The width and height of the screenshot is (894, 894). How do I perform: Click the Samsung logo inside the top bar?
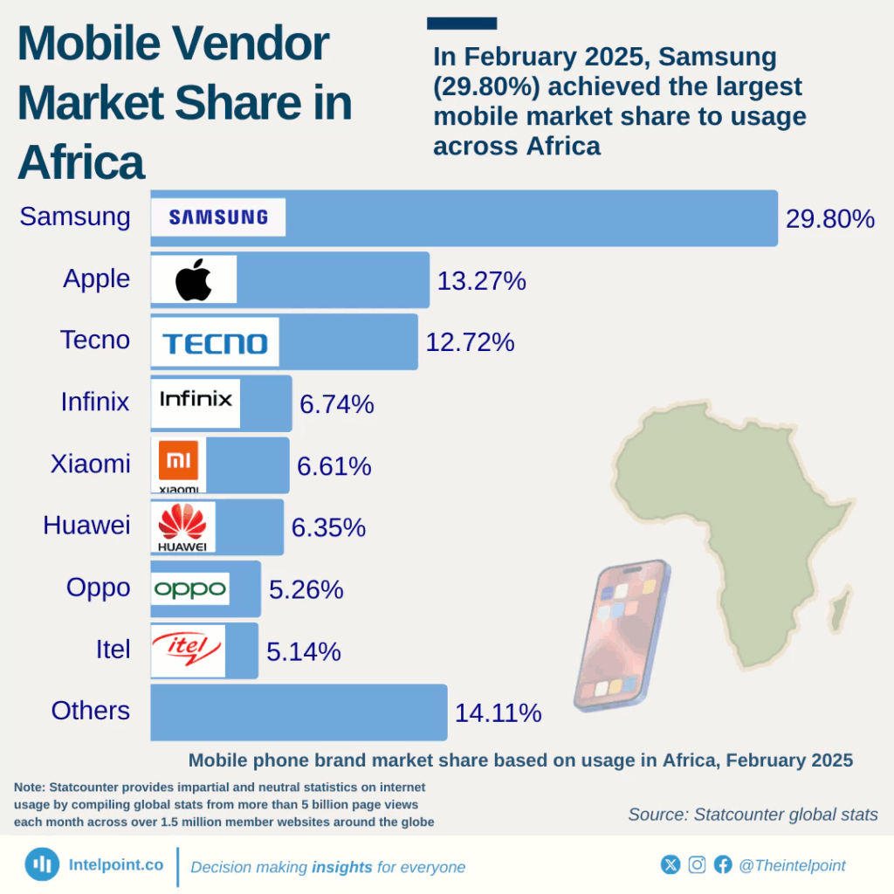[x=218, y=217]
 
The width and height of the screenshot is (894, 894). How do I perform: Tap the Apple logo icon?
[x=194, y=279]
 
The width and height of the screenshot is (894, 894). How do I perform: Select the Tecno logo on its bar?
[x=215, y=342]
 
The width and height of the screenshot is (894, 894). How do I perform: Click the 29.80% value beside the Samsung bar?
[x=829, y=218]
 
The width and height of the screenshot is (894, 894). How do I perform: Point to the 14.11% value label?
[x=498, y=713]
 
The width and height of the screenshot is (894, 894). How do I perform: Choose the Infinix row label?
[x=95, y=402]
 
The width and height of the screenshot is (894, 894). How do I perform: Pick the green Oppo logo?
[x=190, y=589]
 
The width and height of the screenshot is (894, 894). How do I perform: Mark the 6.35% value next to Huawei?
[x=328, y=528]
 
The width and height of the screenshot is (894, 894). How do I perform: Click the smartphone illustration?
[x=622, y=635]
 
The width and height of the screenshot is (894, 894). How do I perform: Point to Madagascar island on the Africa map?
[x=840, y=609]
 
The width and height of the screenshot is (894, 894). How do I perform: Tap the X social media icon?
[x=670, y=864]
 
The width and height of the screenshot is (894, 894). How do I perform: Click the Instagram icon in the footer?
[x=697, y=864]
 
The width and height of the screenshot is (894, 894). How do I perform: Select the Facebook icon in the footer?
[x=723, y=864]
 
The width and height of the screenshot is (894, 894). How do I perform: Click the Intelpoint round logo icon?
[x=42, y=864]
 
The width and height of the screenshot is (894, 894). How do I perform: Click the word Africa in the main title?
[x=80, y=162]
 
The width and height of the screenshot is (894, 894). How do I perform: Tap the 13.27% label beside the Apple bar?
[x=481, y=281]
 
